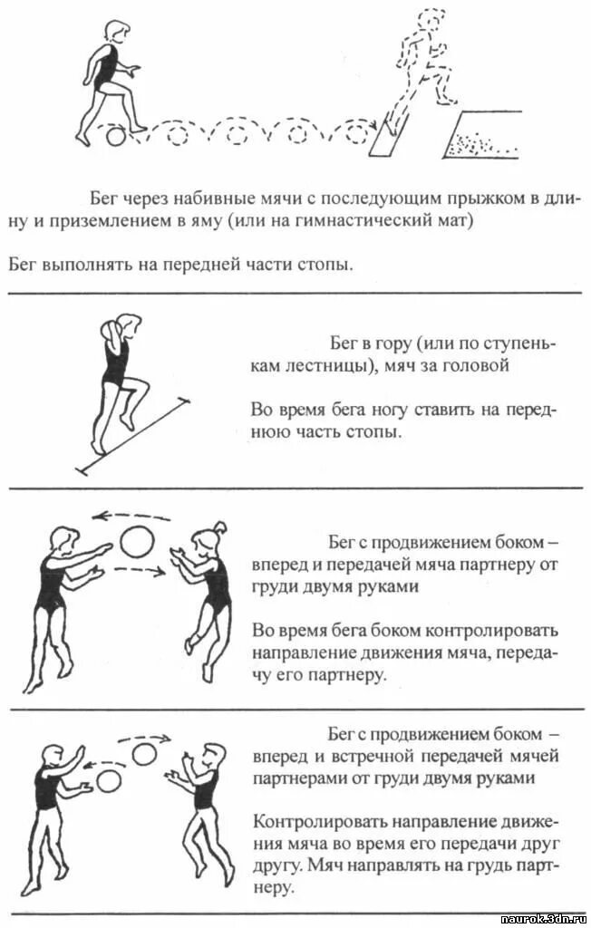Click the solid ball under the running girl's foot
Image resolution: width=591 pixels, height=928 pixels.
[115, 137]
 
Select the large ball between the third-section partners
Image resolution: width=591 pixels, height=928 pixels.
[139, 542]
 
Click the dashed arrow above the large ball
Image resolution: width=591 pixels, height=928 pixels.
[127, 516]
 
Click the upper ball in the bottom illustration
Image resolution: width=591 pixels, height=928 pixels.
[144, 753]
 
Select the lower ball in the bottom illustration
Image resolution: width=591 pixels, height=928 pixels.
[110, 780]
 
